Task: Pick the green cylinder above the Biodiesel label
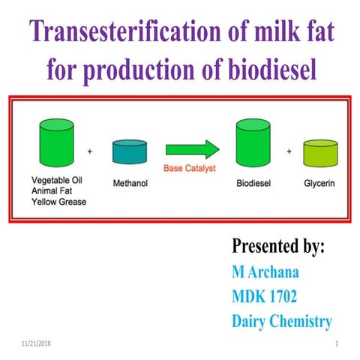[x=253, y=144]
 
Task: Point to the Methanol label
[x=129, y=180]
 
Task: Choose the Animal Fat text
[x=53, y=190]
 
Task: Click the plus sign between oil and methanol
[x=90, y=151]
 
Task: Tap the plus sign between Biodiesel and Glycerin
[x=289, y=151]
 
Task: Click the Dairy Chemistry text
[x=282, y=322]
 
